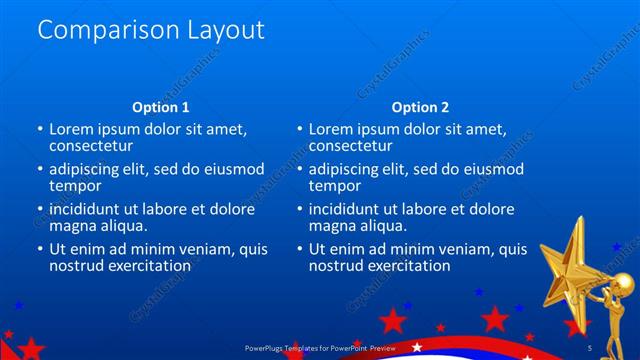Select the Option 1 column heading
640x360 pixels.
160,107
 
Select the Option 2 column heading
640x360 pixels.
420,107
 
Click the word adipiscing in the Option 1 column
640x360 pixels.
87,169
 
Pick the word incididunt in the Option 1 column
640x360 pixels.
90,210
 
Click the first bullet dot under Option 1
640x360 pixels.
40,130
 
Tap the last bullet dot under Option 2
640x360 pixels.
300,250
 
